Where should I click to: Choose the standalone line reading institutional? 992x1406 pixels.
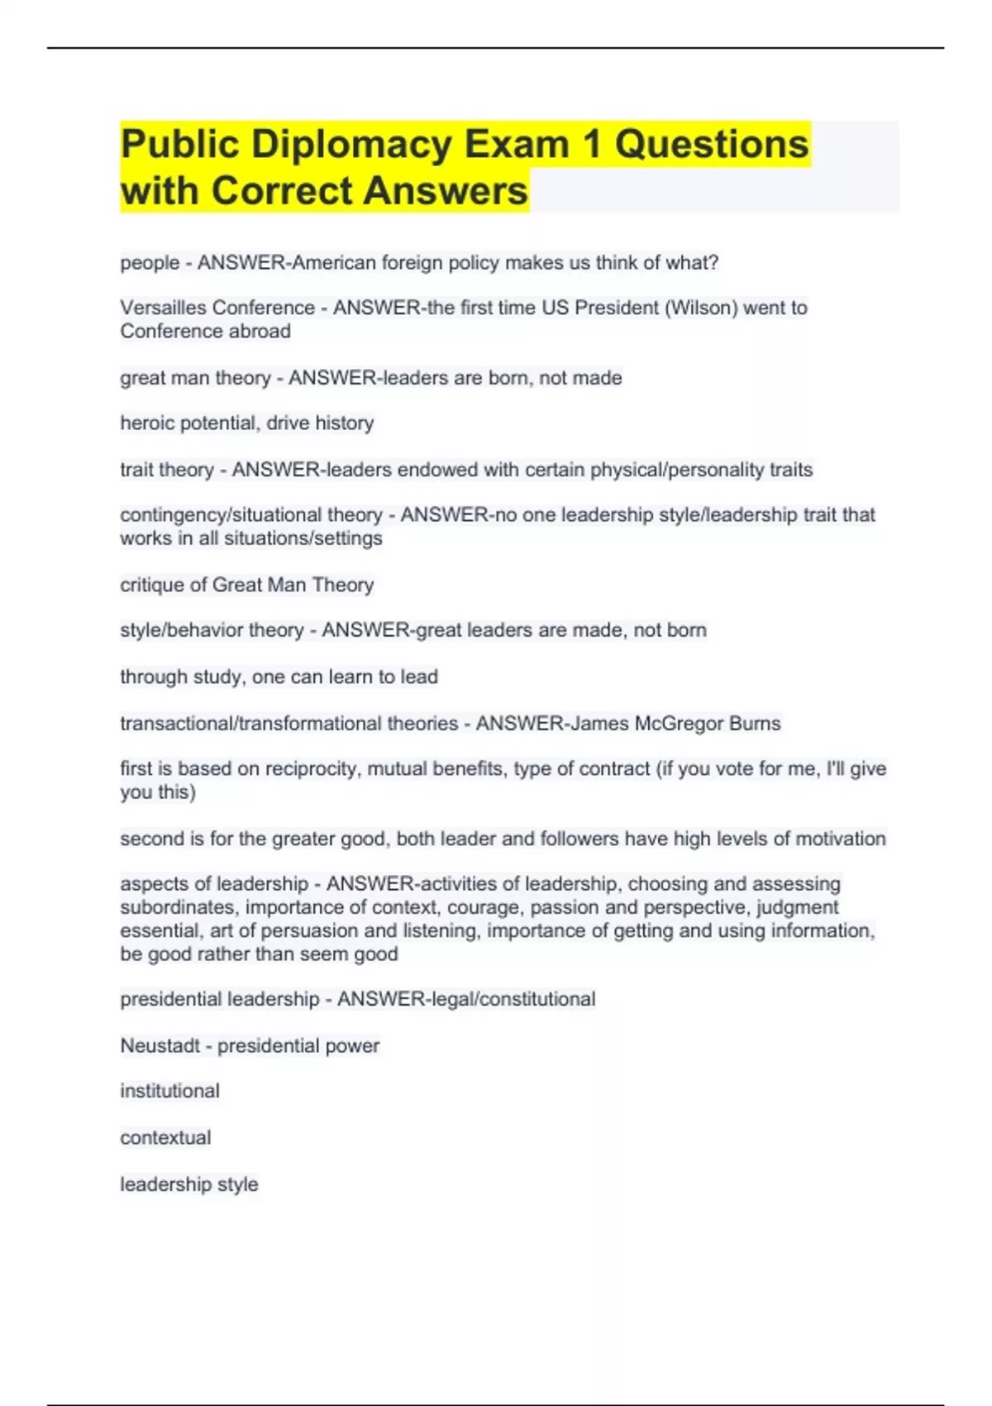pyautogui.click(x=170, y=1091)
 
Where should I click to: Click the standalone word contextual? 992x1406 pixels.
pyautogui.click(x=165, y=1138)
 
